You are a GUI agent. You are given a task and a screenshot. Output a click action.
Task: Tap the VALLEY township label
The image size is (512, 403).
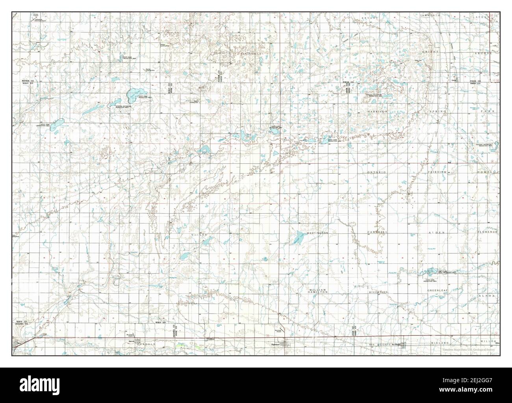click(199, 235)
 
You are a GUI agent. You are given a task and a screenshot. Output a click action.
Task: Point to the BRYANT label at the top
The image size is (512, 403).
click(369, 18)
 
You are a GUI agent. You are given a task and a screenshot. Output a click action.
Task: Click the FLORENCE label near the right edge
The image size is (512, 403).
click(488, 232)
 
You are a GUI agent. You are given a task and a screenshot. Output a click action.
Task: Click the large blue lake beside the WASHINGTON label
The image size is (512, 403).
click(299, 237)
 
